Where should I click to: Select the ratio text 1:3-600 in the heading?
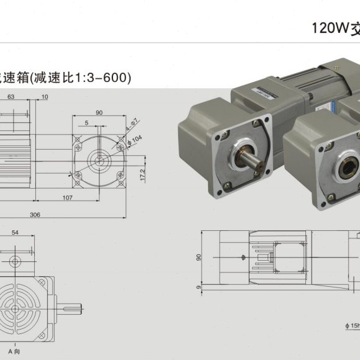tap(105, 78)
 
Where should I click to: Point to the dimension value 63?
tap(11, 97)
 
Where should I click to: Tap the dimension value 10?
tap(45, 97)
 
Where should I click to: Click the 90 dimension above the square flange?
tap(99, 112)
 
